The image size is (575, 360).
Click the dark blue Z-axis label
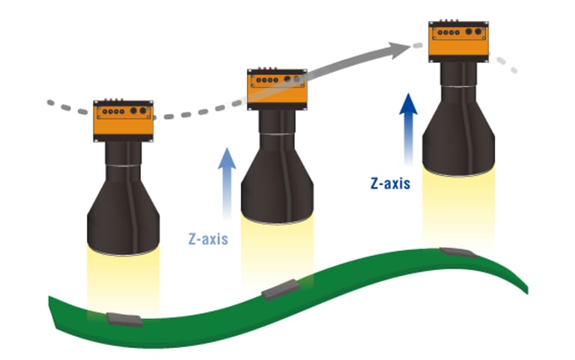(x=390, y=182)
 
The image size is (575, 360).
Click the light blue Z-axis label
(x=207, y=240)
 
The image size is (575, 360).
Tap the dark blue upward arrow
(x=408, y=127)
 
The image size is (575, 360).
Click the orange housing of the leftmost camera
(x=123, y=120)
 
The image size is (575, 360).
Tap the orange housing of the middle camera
(x=277, y=88)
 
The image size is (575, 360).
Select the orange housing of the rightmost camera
(x=459, y=42)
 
